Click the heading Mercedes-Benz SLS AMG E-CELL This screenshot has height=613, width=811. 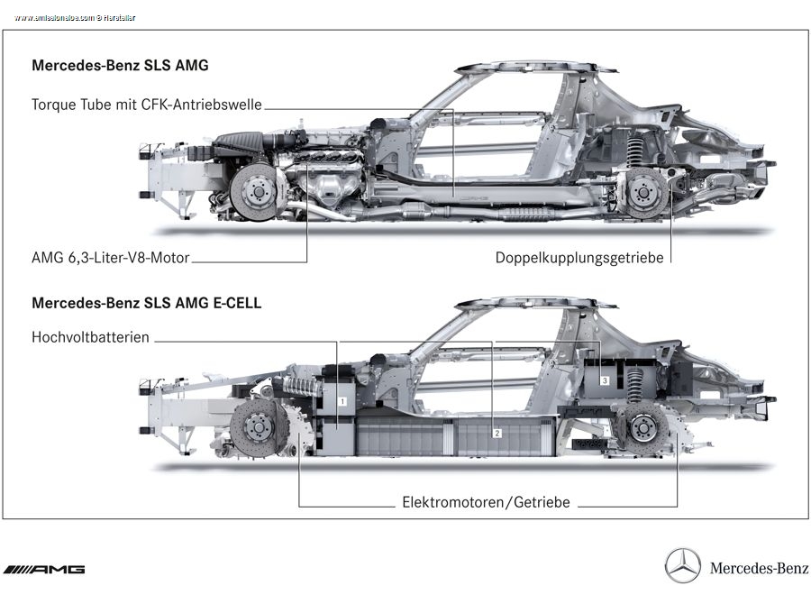[146, 303]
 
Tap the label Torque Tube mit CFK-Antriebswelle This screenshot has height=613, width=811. [147, 105]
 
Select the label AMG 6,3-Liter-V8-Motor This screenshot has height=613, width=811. [111, 258]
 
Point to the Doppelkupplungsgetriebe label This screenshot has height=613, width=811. [579, 258]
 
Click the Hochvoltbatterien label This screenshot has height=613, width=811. [90, 338]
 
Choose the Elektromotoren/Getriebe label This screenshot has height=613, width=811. [486, 502]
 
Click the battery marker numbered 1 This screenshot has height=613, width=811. [343, 398]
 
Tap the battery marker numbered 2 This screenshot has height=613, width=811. [496, 433]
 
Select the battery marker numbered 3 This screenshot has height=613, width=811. [605, 381]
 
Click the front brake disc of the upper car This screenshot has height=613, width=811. [257, 191]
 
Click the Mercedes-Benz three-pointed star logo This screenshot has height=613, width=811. [682, 566]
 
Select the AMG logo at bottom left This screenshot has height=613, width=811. [44, 569]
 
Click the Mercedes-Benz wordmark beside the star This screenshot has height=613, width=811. [759, 568]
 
